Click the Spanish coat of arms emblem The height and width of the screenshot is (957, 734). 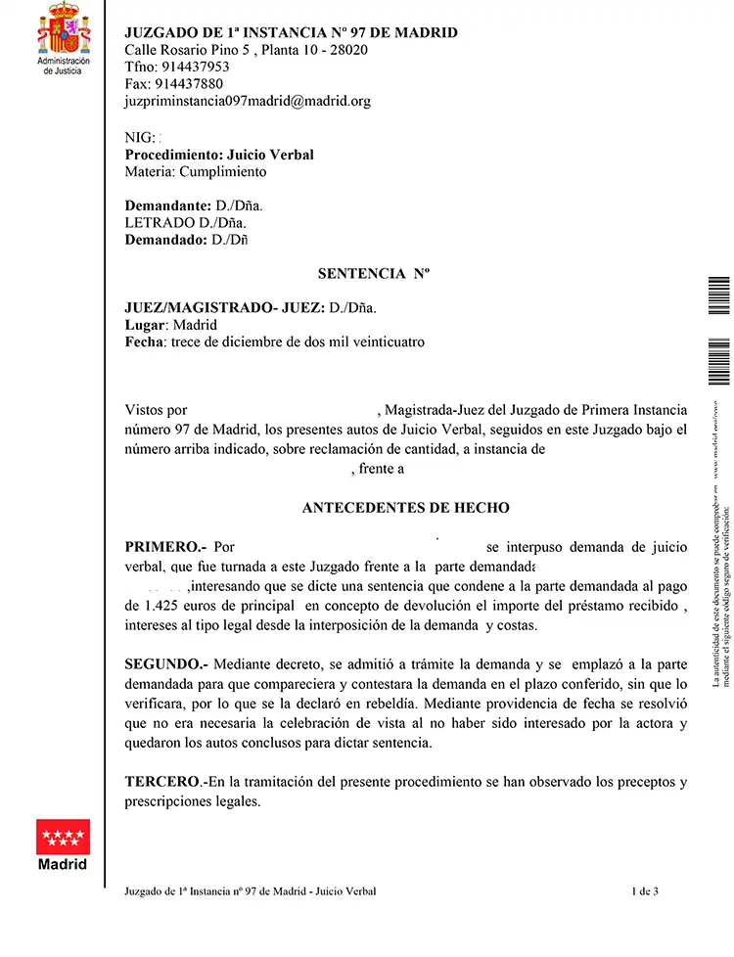coord(63,28)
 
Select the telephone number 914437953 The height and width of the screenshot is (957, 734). coord(192,67)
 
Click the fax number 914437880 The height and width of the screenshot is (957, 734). coord(189,83)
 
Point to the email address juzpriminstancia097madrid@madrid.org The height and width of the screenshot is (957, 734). coord(248,100)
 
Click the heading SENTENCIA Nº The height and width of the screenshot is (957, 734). coord(374,274)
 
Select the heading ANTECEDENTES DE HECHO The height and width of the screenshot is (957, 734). coord(405,508)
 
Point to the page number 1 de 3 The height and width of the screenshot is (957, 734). coord(645,890)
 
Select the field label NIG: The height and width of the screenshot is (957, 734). coord(141,138)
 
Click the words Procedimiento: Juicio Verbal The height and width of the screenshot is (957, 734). coord(219,155)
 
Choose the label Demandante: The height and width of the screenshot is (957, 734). coord(168,206)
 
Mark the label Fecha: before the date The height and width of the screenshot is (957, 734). coord(145,342)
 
